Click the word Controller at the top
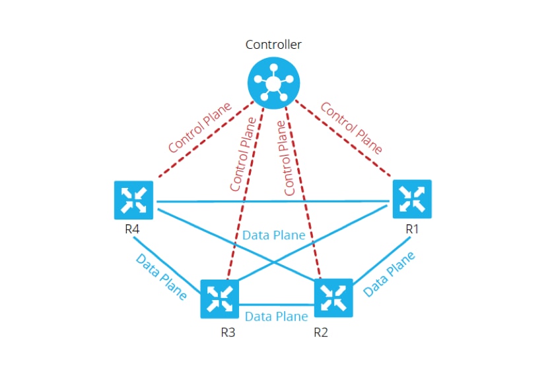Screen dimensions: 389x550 click(273, 45)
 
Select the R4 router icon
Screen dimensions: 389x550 click(133, 199)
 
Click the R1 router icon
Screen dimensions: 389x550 click(412, 199)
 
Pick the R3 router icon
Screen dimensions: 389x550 click(220, 298)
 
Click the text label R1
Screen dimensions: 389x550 click(413, 229)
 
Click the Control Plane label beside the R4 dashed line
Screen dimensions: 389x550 click(200, 127)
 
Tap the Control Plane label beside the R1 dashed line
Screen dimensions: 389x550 click(351, 127)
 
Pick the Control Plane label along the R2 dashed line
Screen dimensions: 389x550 click(289, 157)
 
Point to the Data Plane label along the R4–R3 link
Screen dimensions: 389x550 click(161, 277)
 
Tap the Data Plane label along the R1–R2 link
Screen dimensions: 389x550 click(390, 273)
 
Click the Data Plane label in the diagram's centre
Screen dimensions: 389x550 click(273, 235)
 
